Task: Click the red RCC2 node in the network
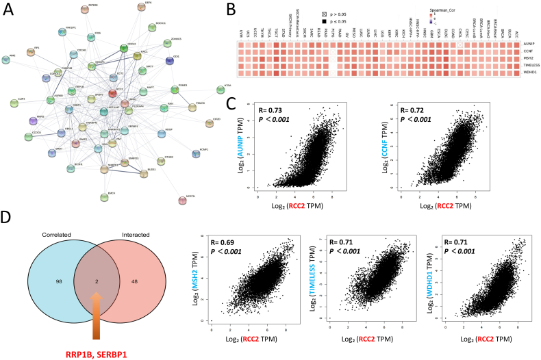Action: click(x=121, y=93)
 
